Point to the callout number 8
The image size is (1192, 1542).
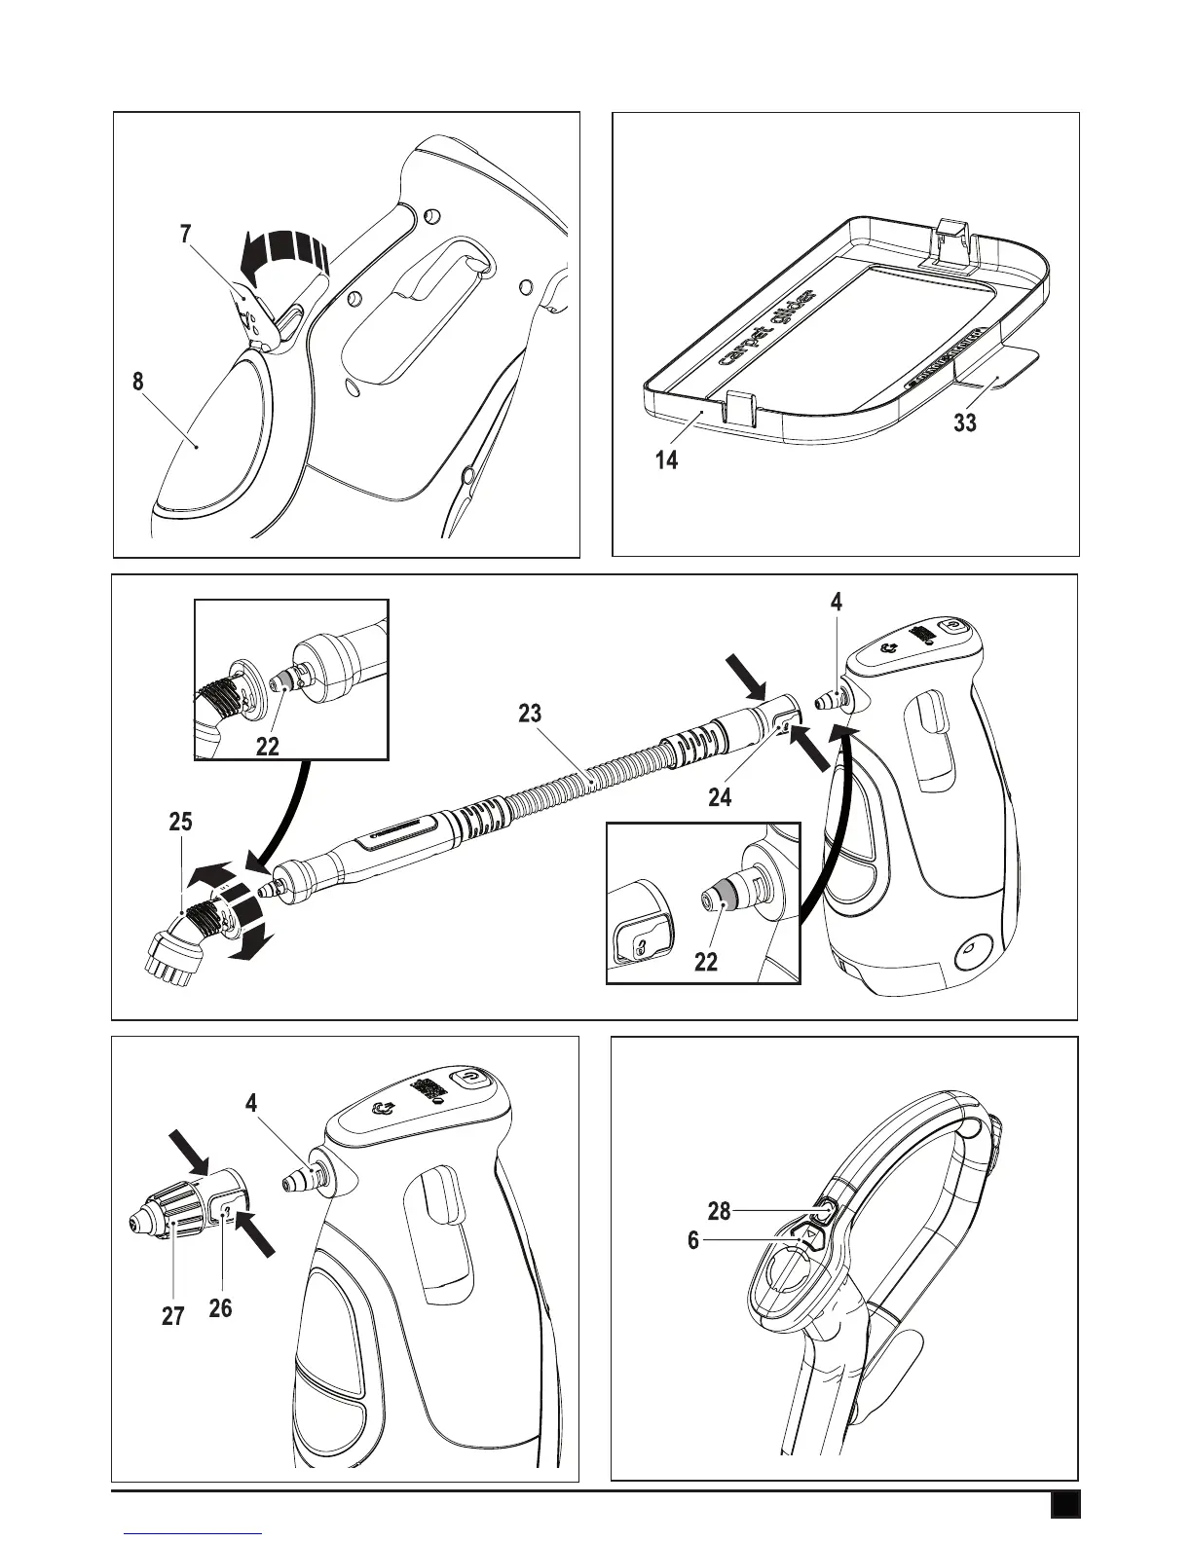138,383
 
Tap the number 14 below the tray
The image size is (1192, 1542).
666,459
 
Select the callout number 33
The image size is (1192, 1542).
965,423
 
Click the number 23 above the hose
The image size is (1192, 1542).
530,714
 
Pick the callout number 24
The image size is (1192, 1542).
721,797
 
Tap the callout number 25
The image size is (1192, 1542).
180,823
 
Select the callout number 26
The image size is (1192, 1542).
220,1307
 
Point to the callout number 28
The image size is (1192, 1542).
719,1211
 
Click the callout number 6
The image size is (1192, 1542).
693,1241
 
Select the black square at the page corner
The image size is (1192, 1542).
1063,1504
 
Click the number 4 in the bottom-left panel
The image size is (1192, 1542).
251,1104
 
